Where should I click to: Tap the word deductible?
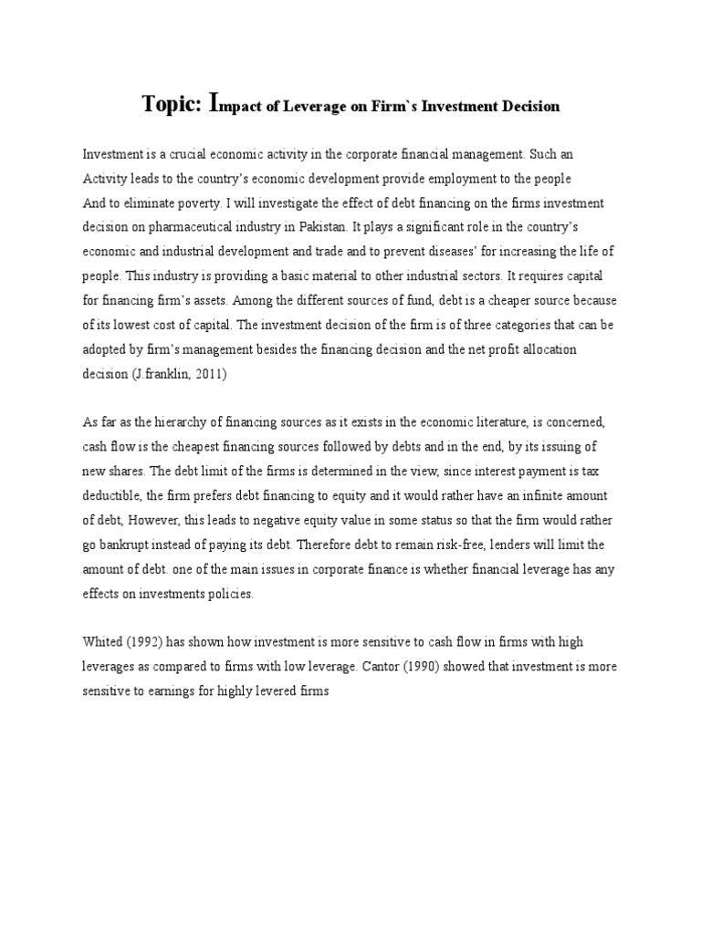pos(111,494)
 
